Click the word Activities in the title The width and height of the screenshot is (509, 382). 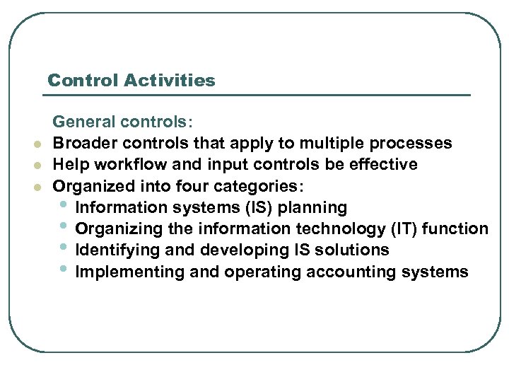169,81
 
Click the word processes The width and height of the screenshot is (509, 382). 413,144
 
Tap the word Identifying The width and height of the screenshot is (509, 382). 109,250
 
